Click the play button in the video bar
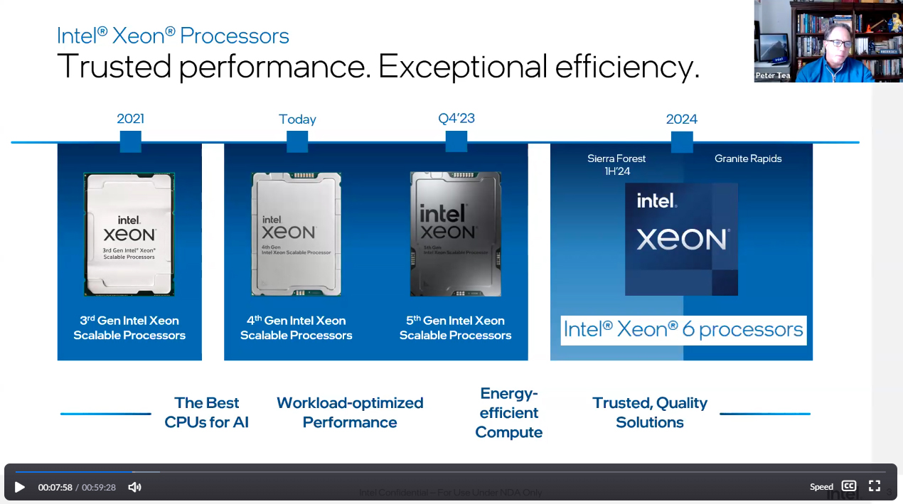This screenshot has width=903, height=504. coord(20,487)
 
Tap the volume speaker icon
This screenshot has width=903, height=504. coord(134,487)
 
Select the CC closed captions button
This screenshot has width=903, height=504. coord(849,486)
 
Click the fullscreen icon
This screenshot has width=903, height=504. coord(875,486)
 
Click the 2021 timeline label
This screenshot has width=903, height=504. coord(130,119)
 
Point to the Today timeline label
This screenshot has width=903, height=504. coord(297,119)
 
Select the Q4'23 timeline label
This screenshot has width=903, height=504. coord(456,118)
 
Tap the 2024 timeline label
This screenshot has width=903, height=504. coord(681,119)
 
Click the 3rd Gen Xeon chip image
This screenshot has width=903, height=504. coord(129,234)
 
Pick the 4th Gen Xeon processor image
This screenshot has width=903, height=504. coord(296,234)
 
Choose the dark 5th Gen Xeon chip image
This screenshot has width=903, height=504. coord(456,234)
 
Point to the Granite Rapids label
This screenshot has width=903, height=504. coord(747,159)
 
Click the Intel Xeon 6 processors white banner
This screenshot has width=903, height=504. coord(683,330)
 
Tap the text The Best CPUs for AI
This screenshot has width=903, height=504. coord(207,412)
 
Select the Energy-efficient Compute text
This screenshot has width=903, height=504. coord(508,413)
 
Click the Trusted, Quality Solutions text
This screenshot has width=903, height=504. coord(649,412)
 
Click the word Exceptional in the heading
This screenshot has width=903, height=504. coord(461,66)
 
